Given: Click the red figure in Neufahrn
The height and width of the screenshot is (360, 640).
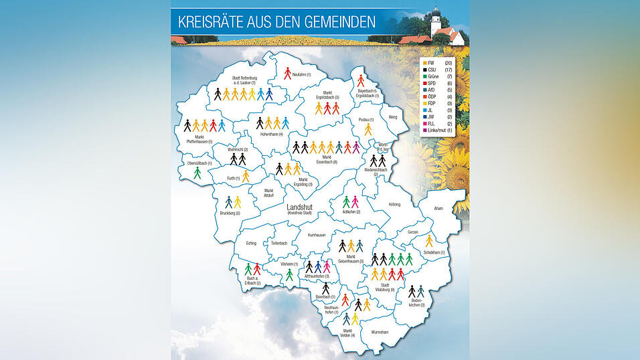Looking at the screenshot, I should (287, 74).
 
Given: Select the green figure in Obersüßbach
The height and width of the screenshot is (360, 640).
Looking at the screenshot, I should (197, 173).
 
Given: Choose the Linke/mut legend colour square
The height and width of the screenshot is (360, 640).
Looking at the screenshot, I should (424, 130).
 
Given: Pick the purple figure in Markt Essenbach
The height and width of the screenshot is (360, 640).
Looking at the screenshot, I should (356, 147).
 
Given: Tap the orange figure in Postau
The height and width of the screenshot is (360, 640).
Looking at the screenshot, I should (368, 129).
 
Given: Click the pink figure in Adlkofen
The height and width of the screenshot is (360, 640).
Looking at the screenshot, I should (355, 201).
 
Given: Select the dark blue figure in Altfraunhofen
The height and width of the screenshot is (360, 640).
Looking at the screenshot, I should (318, 267).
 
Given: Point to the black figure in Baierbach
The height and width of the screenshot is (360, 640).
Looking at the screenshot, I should (325, 288).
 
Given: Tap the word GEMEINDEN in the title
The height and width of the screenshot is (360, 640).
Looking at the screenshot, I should (334, 21).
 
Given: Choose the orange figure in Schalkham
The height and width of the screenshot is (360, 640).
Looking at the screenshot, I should (429, 242).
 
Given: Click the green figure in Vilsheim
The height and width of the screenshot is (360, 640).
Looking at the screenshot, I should (289, 274).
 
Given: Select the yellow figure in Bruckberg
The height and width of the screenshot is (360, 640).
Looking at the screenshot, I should (237, 202).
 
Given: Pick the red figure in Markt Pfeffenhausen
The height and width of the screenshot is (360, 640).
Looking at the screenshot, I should (213, 125).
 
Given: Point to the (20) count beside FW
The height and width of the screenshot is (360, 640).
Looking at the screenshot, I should (449, 62).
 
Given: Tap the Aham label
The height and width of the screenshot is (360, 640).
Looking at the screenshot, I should (438, 209).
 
